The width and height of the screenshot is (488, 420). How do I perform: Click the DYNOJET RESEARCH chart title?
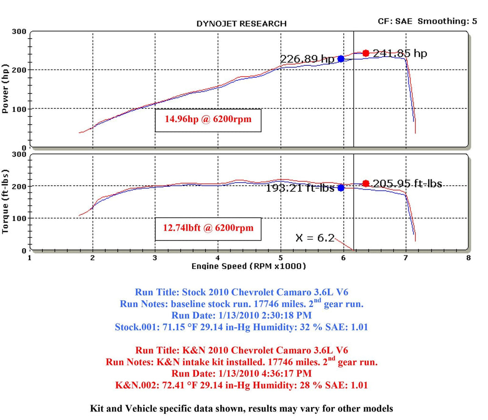pos(242,23)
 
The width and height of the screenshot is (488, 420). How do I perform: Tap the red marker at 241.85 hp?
pos(366,53)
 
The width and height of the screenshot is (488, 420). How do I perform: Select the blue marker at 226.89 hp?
pos(341,59)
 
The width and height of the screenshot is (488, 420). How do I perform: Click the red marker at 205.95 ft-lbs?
pos(366,183)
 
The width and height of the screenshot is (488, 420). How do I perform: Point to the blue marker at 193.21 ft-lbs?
pos(341,188)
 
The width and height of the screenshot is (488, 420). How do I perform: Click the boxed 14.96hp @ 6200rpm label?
pos(209,120)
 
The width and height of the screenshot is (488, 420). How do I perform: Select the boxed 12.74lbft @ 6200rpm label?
pos(209,228)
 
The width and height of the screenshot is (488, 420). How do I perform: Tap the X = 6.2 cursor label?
pos(315,238)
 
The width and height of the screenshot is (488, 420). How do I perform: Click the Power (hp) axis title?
pos(6,88)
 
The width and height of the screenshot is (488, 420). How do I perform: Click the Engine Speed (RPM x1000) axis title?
pos(248,266)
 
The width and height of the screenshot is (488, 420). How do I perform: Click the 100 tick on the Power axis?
pos(19,109)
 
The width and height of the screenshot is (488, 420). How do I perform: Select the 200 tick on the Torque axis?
pos(19,186)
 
